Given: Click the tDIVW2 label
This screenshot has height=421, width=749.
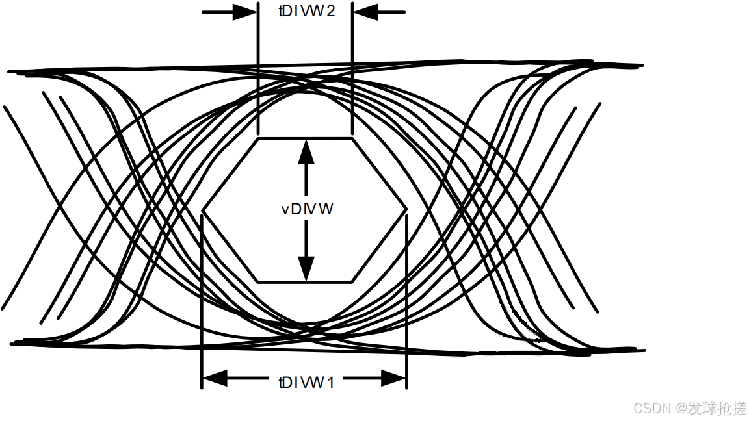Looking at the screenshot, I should (x=305, y=12).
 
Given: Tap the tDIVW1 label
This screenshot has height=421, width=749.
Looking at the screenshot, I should (x=305, y=382).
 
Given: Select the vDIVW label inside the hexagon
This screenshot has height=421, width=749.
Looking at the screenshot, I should (x=308, y=209).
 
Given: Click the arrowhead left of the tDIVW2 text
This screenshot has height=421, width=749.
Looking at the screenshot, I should (x=246, y=12).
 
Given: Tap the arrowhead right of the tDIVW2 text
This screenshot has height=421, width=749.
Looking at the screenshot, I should (x=364, y=12).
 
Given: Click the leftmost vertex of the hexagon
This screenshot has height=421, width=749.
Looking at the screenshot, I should (x=204, y=210).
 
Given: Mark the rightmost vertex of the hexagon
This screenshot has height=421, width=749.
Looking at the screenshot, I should (x=407, y=210).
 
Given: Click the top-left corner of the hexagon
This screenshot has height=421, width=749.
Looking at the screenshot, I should (x=258, y=138).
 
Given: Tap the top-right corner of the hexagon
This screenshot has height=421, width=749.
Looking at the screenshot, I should (x=352, y=138).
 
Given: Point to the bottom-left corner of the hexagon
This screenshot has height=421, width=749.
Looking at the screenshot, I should (x=258, y=282).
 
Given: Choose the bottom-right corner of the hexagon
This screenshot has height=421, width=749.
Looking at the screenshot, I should (x=352, y=282).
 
